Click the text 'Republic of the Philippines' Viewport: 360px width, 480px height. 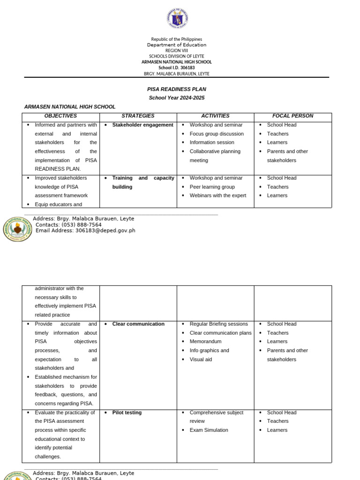tap(177, 39)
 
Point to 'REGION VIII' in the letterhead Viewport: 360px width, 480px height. tap(177, 50)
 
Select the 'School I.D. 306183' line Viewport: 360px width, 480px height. tap(177, 67)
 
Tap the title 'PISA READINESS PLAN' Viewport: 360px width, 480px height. tap(177, 89)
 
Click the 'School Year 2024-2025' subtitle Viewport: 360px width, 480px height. tap(177, 97)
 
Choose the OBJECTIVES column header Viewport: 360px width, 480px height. tap(60, 116)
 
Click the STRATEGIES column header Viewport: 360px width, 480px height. tap(138, 116)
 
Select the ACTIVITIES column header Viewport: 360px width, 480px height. tap(215, 116)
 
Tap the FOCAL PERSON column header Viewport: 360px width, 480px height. tap(292, 116)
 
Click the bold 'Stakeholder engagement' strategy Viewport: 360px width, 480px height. tap(142, 125)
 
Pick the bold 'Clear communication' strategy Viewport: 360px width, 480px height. tap(138, 324)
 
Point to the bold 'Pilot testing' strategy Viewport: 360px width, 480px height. tap(127, 412)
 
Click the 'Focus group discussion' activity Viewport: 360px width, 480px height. tap(217, 134)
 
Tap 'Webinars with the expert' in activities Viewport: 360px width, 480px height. tap(217, 195)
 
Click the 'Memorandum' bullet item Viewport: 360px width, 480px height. tap(205, 342)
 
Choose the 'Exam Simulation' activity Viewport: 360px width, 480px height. tap(209, 430)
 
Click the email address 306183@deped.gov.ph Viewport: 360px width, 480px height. tap(105, 230)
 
